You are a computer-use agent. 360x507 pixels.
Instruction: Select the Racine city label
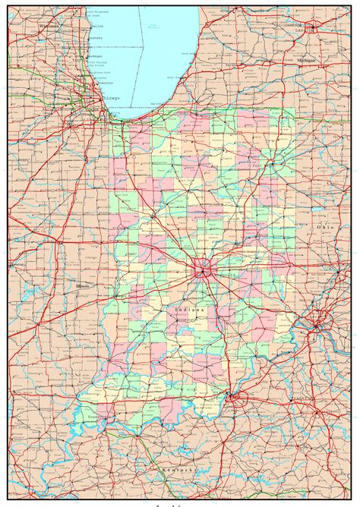click(98, 25)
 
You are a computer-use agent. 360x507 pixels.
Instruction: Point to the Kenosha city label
click(97, 37)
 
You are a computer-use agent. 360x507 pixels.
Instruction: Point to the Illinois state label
click(82, 285)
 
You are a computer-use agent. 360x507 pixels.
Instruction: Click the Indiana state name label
click(188, 310)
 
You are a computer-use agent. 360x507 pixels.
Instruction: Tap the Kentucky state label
click(179, 470)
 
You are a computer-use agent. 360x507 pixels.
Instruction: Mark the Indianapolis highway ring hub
click(204, 267)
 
